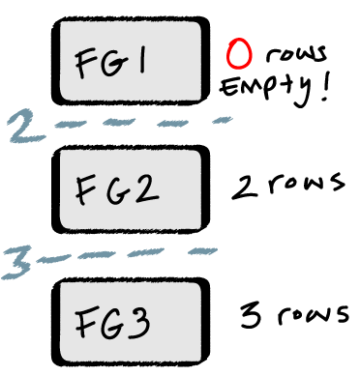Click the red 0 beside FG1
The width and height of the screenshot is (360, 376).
pyautogui.click(x=238, y=54)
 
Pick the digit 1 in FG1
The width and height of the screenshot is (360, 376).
pyautogui.click(x=141, y=62)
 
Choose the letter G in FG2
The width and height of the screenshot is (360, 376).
pyautogui.click(x=119, y=189)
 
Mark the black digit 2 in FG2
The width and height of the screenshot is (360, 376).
pyautogui.click(x=146, y=189)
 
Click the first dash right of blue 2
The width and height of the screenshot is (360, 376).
pyautogui.click(x=71, y=124)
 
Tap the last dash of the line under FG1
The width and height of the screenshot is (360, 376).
pyautogui.click(x=222, y=121)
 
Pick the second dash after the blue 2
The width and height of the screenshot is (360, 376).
pyautogui.click(x=120, y=123)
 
